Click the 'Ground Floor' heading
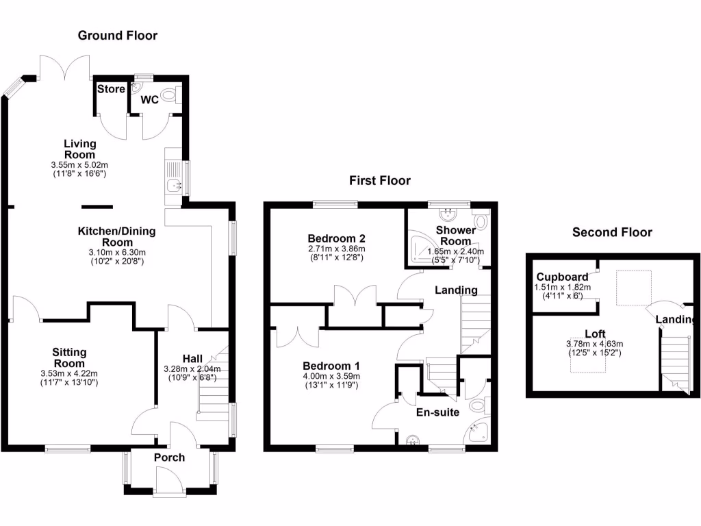(117, 36)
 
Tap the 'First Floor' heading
(380, 181)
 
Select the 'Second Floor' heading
(612, 233)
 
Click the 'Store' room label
(111, 89)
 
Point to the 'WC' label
(150, 100)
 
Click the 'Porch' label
(169, 457)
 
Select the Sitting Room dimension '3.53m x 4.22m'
(69, 374)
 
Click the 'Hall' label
(192, 358)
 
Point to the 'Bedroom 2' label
(335, 238)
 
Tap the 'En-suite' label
(437, 412)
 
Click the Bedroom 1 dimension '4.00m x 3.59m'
(331, 376)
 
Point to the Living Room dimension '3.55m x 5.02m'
(79, 165)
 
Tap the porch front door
(168, 478)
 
